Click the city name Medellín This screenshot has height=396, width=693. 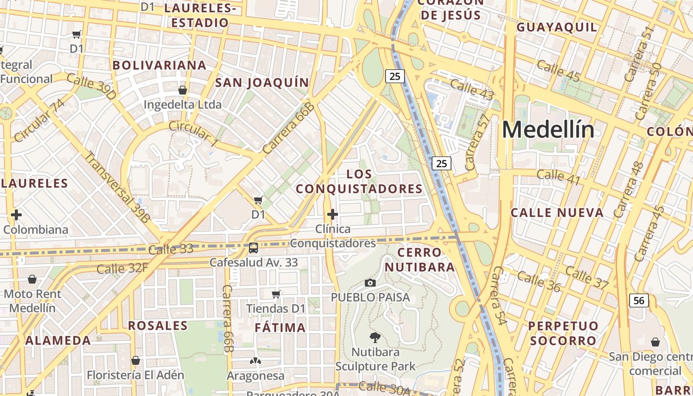coord(548,130)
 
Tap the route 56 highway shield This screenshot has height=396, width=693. coord(639,300)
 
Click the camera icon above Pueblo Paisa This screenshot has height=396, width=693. coord(370,283)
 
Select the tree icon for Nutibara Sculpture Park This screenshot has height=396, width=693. coord(375,338)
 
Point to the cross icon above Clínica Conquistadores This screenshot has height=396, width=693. coord(333,214)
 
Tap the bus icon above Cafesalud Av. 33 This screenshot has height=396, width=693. coord(253,247)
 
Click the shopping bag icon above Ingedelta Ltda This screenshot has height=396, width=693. coord(182,90)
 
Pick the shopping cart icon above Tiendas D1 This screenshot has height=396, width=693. coord(276,294)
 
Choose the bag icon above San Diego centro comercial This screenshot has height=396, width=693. coord(655,342)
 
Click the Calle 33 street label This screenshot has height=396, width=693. coord(171,249)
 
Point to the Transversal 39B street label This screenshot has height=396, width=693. coord(117,187)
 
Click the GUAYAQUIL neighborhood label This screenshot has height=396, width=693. coord(557,27)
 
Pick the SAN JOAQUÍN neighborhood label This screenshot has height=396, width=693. coord(262,83)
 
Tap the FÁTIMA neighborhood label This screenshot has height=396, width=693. coord(280,328)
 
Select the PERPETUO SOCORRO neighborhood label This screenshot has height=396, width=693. coord(563,333)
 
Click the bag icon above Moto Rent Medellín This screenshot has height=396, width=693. coord(32,280)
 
